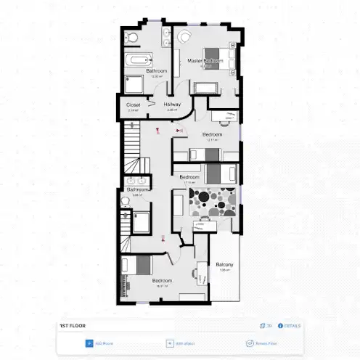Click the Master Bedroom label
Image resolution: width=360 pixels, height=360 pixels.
202,61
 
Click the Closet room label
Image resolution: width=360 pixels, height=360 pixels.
134,105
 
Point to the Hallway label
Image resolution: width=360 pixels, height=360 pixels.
173,105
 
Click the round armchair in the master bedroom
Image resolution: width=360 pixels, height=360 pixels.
183,38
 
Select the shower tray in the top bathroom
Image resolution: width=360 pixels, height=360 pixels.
136,83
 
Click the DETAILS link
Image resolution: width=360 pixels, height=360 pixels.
290,326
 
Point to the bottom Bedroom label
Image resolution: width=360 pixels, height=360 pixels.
162,281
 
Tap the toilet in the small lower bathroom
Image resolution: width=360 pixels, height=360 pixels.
128,215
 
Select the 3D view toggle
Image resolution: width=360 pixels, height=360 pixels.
265,326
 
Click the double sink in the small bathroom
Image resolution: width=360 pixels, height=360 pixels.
134,181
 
